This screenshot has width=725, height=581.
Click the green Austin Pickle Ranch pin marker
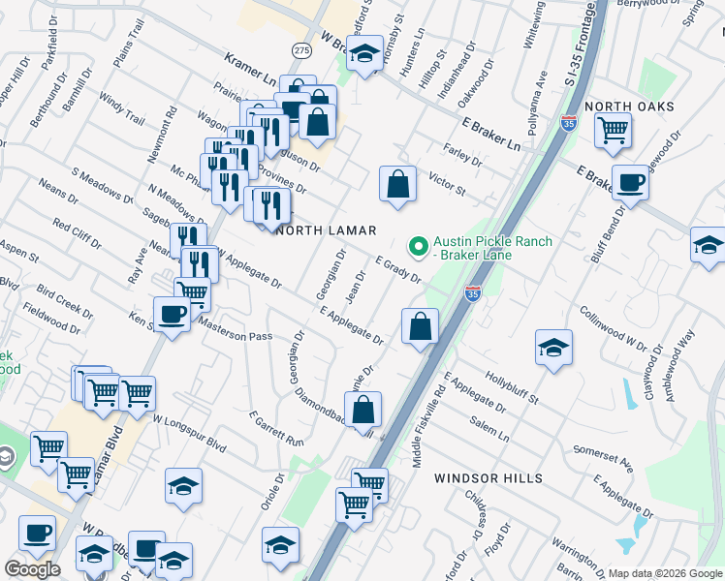[x=419, y=249]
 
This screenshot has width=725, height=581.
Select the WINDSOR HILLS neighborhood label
[x=482, y=478]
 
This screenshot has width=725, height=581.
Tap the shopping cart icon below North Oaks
[x=613, y=129]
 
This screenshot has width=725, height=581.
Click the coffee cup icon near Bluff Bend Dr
[x=630, y=182]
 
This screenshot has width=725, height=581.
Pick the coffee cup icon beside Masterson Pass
[x=173, y=314]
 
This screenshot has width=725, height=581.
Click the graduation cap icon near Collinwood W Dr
[x=553, y=348]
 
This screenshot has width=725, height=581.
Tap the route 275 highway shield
[x=301, y=48]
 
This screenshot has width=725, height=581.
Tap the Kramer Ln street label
[x=250, y=68]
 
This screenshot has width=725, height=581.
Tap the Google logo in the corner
[x=32, y=569]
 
